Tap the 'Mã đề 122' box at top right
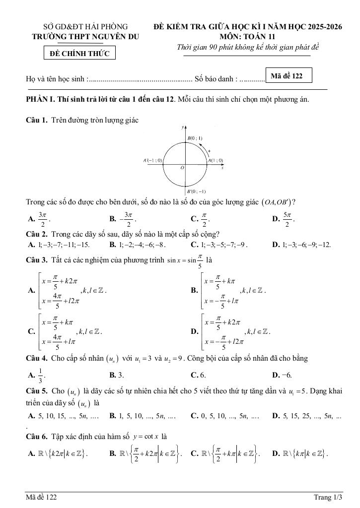pos(288,76)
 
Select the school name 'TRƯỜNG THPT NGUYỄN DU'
pos(85,36)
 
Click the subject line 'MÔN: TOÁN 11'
pos(249,36)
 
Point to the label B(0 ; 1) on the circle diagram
pos(194,138)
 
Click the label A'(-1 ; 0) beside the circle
pos(152,161)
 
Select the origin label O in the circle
pos(182,168)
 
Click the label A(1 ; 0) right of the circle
pos(216,161)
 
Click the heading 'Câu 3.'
pos(37,259)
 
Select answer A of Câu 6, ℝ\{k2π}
pos(62,453)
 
